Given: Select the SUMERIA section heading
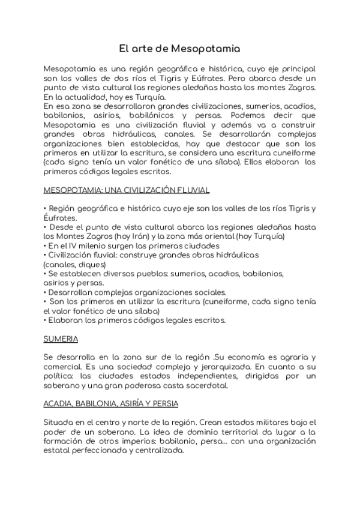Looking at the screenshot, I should click(61, 339).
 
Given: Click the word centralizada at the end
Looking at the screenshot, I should click(156, 451).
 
